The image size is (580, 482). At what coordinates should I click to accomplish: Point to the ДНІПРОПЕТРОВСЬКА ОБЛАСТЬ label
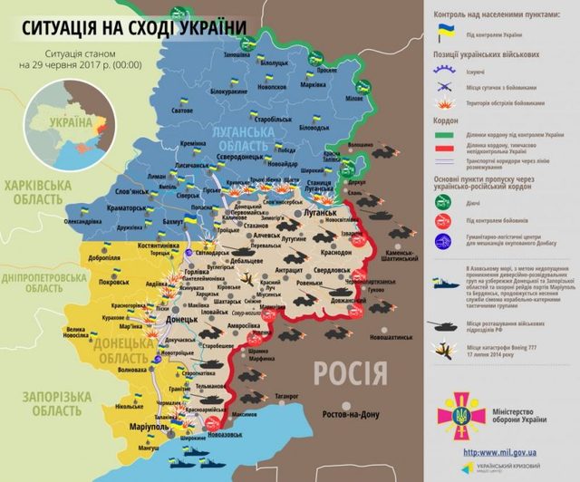45,281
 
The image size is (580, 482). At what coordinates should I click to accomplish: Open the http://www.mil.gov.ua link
502,450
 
